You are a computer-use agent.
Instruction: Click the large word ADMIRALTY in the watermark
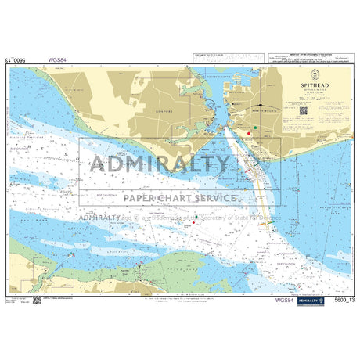pos(160,164)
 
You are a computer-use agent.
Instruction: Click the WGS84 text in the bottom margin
pos(284,300)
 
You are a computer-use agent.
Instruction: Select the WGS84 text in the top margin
pos(57,59)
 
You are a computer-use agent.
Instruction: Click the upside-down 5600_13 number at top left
pos(19,59)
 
